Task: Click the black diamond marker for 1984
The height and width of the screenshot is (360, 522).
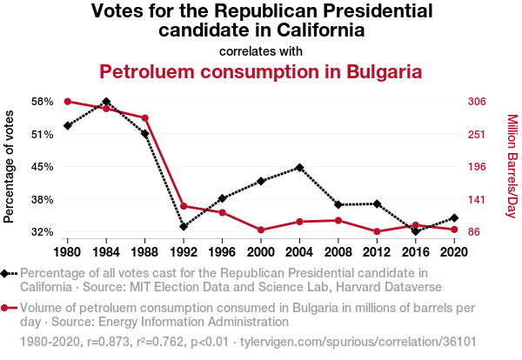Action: click(106, 102)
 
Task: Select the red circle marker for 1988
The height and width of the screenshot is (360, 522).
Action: click(144, 118)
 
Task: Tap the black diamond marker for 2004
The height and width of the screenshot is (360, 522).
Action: click(299, 167)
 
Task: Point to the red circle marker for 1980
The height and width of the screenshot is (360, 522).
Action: click(67, 102)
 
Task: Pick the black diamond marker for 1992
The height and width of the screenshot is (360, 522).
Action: click(184, 226)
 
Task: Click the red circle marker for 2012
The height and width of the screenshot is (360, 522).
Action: click(377, 231)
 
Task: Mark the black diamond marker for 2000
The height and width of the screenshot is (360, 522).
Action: click(261, 181)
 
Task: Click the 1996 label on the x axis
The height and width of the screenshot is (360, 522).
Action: click(222, 252)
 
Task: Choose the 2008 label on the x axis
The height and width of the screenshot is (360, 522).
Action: click(338, 252)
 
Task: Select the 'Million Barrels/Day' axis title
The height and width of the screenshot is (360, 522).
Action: click(512, 167)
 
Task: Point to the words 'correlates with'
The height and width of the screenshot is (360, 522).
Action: click(261, 50)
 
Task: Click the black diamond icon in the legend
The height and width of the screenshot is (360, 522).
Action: click(8, 273)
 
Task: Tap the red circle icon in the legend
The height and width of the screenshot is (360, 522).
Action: click(8, 307)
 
